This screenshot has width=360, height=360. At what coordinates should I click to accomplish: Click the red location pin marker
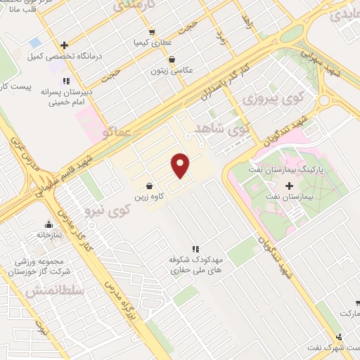(x=181, y=166)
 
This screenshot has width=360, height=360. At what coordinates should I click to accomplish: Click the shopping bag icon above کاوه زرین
(x=149, y=185)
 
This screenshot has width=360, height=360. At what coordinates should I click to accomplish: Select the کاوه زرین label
(x=150, y=196)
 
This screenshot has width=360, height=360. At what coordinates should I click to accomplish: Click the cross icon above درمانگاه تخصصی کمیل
(x=64, y=44)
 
